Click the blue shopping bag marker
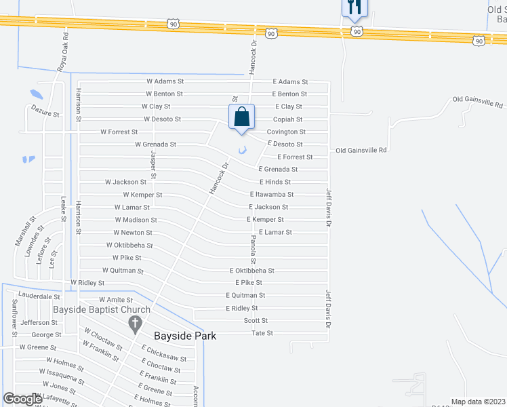241,117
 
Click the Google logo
23,399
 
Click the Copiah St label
288,119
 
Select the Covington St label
286,132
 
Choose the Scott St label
256,320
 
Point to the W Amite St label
116,299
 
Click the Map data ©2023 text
479,402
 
